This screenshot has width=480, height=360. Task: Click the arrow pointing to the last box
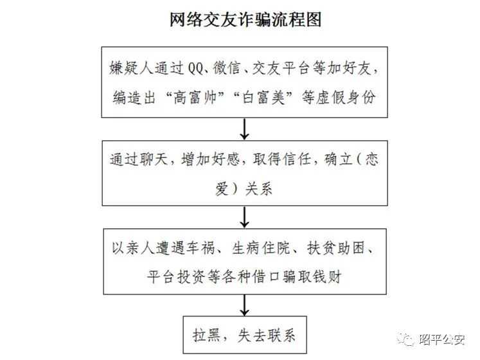[244, 305]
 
